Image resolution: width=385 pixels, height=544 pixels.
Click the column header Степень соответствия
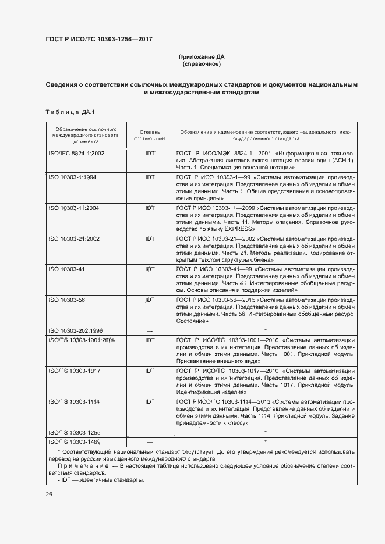point(150,136)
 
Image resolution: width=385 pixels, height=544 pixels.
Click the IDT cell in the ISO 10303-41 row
point(150,269)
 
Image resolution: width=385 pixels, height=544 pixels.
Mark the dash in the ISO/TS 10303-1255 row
point(150,432)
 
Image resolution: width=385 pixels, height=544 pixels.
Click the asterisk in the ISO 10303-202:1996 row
point(265,330)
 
